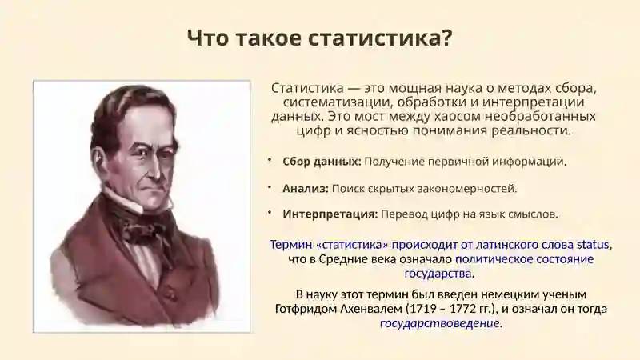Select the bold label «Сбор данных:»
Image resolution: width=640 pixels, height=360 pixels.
[322, 162]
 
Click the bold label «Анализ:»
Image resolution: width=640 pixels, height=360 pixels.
[306, 189]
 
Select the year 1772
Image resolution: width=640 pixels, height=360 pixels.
[467, 309]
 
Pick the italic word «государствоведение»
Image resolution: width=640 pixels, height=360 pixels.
[440, 324]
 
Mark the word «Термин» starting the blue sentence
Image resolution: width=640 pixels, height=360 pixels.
[291, 244]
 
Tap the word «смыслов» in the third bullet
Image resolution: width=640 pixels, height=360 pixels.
[535, 214]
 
